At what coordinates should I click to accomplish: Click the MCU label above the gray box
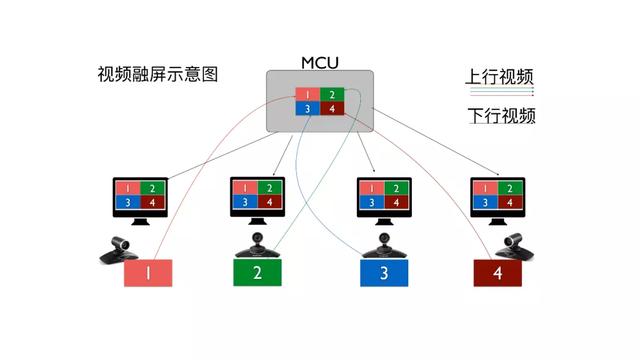coord(320,62)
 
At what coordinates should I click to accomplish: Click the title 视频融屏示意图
coord(157,75)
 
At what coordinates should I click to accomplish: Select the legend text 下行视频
coord(500,116)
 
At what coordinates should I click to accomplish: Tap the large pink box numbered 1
coord(148,273)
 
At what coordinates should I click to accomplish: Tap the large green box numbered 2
coord(258,273)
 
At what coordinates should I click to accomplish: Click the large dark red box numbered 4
coord(497,273)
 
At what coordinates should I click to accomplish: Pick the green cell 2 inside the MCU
coord(332,95)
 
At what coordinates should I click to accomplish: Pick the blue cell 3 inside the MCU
coord(308,108)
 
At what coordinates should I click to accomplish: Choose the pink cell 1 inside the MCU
coord(308,95)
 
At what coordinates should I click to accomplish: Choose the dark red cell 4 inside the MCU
coord(332,108)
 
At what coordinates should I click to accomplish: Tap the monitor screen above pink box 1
coord(139,195)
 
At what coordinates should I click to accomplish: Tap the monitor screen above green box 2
coord(257,195)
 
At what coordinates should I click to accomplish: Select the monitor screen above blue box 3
coord(383,195)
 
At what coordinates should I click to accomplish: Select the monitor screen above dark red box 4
coord(497,195)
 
